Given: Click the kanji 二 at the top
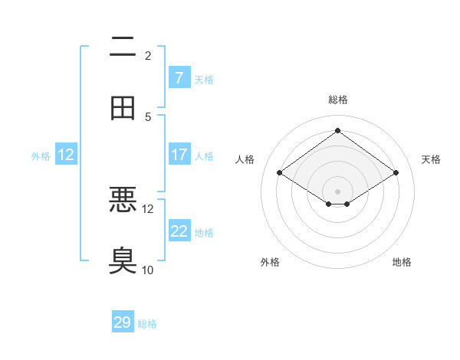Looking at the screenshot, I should [x=123, y=47].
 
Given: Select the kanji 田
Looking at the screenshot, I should [x=123, y=107].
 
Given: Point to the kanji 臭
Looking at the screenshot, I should [x=123, y=260].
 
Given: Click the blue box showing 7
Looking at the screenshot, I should [x=179, y=77].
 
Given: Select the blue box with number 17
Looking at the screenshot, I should [x=179, y=155].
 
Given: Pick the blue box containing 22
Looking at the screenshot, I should [x=179, y=231].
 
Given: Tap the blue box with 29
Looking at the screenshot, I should [x=123, y=322].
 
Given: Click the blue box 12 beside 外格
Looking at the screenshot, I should [x=66, y=155].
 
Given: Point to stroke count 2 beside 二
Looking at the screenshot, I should [x=148, y=56].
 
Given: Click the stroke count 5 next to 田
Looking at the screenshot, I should [x=148, y=116].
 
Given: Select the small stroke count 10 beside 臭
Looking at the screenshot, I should [x=148, y=270].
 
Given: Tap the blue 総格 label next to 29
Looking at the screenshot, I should [x=147, y=324].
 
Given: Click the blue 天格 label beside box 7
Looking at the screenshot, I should [x=204, y=79].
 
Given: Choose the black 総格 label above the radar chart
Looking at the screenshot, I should [x=338, y=100].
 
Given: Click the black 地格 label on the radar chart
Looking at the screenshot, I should [x=402, y=262].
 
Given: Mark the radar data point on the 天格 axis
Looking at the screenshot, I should [x=396, y=173].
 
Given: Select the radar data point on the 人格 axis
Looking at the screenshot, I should [x=280, y=173].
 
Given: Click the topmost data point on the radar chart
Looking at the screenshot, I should [x=337, y=130].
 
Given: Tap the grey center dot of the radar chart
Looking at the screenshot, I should [x=337, y=191].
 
